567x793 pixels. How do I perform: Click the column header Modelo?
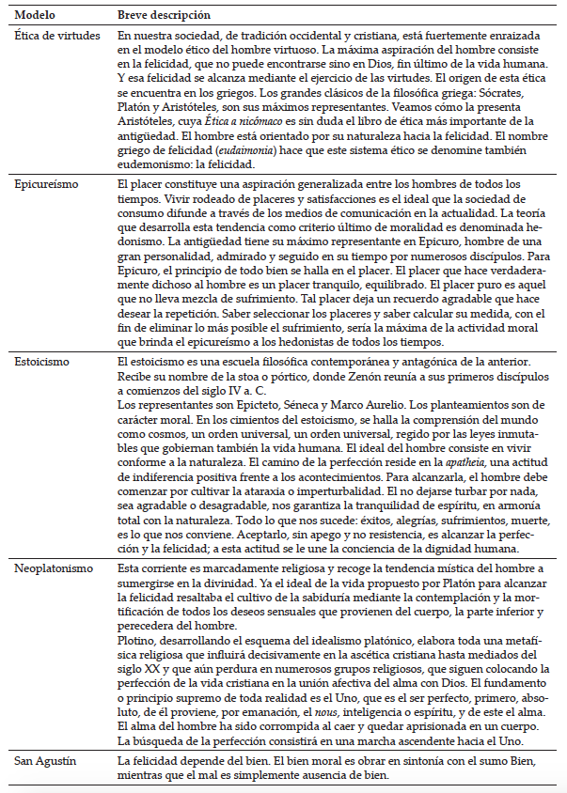click(x=36, y=16)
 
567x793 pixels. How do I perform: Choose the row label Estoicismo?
click(x=41, y=361)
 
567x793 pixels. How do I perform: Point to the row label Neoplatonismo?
click(x=53, y=568)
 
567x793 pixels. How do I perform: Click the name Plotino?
click(x=135, y=639)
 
